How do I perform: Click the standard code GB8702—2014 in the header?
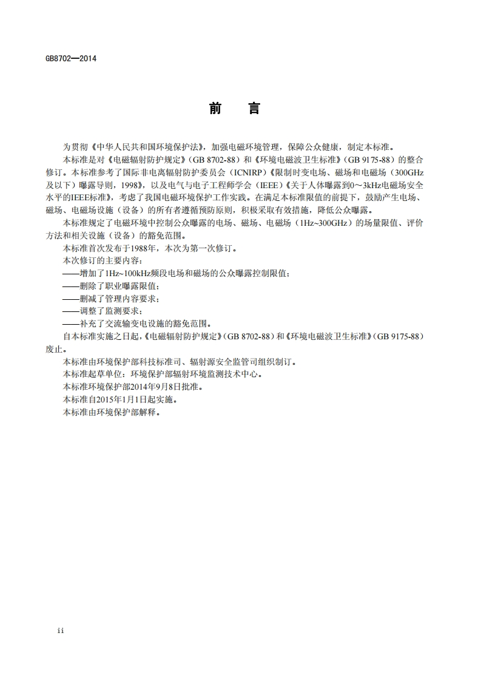coord(71,59)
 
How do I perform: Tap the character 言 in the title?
coord(254,109)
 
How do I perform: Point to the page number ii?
coord(60,631)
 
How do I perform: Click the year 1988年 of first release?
coord(144,249)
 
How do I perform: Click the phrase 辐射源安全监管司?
coord(223,362)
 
